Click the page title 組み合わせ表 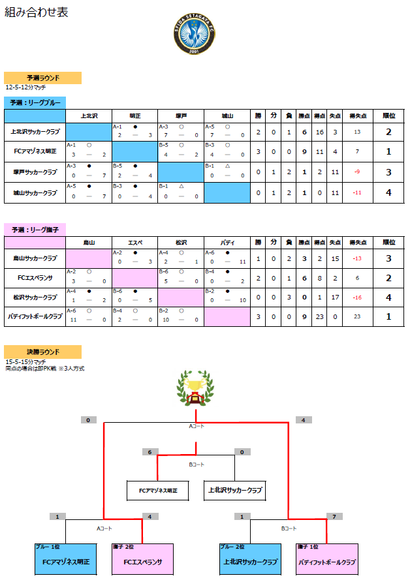(37, 12)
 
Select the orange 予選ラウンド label (42, 78)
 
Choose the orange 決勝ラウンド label (42, 352)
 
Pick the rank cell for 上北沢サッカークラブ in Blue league (388, 132)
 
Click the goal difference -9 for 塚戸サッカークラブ (357, 172)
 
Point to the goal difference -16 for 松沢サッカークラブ (357, 298)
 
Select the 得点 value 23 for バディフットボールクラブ (320, 316)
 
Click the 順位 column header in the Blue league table (388, 115)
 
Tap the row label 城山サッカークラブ (35, 193)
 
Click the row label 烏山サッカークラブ (35, 258)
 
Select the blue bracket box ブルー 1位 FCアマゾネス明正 (65, 560)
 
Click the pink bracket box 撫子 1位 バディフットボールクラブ (326, 560)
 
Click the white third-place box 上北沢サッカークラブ (236, 490)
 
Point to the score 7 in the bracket (334, 517)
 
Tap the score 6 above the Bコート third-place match (151, 451)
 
